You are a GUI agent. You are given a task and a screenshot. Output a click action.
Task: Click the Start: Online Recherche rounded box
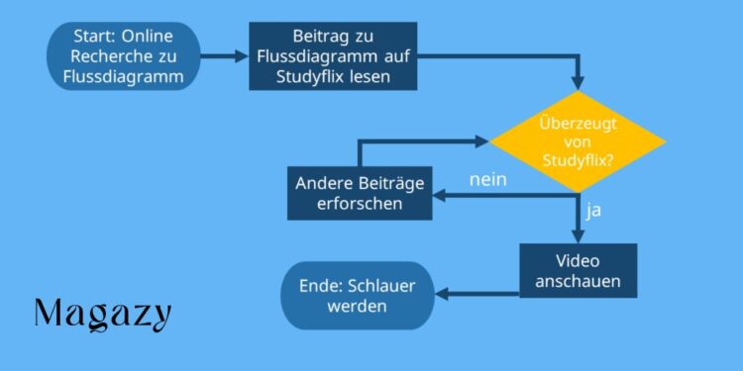point(123,56)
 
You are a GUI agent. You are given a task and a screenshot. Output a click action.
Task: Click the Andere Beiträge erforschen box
point(360,193)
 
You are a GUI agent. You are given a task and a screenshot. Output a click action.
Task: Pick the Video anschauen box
point(578,270)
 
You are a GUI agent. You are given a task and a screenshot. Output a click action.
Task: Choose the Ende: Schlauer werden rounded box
point(358,295)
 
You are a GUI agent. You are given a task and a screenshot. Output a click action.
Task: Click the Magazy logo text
point(103,314)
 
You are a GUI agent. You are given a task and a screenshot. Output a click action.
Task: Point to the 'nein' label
point(488,180)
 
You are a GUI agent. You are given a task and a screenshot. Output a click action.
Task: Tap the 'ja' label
point(594,210)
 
